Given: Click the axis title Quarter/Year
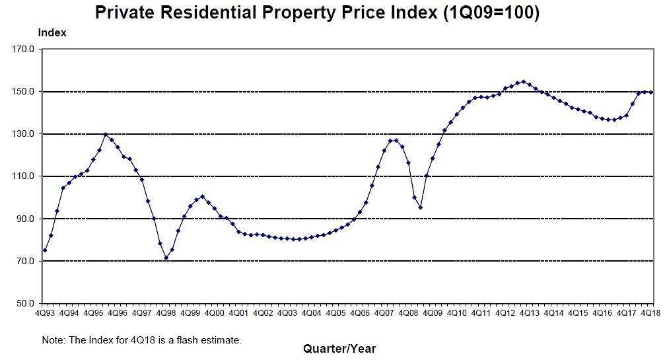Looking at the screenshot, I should pos(339,348).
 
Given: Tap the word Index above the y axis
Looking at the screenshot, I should pos(52,32).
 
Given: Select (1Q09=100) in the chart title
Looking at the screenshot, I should pos(491,12).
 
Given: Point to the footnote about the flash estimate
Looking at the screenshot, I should pos(142,340).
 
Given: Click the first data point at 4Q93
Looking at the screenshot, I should pos(44,250).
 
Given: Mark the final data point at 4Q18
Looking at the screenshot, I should pos(651,92).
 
